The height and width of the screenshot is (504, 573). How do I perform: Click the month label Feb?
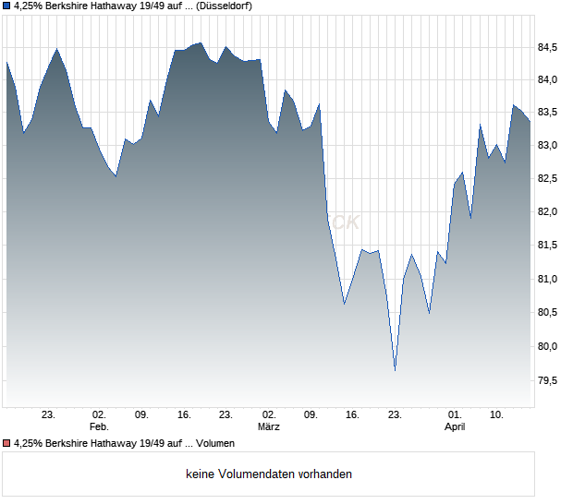click(99, 427)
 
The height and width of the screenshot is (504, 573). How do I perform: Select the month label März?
click(269, 427)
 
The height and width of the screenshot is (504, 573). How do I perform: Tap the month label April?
click(455, 427)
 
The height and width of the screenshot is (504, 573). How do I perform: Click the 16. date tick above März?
click(184, 414)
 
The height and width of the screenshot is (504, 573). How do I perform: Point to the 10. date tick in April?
click(497, 414)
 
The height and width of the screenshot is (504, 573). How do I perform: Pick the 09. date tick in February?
click(141, 414)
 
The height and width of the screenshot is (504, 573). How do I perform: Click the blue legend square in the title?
click(6, 6)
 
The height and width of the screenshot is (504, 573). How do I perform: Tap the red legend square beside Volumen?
click(6, 443)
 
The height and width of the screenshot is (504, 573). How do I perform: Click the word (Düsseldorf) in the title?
click(225, 6)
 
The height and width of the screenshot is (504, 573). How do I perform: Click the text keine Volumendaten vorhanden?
click(269, 474)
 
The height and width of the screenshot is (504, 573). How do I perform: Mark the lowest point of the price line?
click(395, 370)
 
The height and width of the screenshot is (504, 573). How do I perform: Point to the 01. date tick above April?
click(455, 414)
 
